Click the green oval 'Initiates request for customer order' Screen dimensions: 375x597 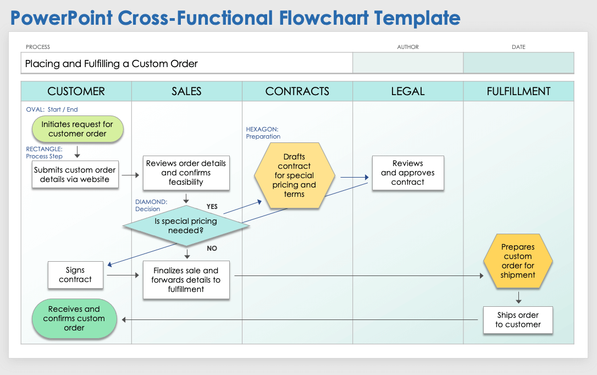(x=77, y=129)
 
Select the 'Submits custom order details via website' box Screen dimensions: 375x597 (x=75, y=175)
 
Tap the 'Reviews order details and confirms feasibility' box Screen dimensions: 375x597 (x=186, y=173)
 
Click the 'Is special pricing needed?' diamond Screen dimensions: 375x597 (x=186, y=226)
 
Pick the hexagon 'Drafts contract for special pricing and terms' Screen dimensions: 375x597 (x=295, y=176)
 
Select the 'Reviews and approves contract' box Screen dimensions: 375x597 (x=408, y=173)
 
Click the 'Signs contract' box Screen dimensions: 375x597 (x=75, y=275)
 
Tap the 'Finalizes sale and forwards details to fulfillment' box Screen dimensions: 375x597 (x=186, y=280)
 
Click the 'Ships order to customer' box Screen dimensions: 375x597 (x=518, y=320)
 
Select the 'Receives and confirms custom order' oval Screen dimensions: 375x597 (x=74, y=318)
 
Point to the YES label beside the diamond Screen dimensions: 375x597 (x=212, y=207)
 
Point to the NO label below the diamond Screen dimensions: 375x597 (x=212, y=249)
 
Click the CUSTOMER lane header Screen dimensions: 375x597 (x=76, y=91)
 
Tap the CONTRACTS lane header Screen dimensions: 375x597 (x=297, y=91)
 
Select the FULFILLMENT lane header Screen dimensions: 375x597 (x=518, y=91)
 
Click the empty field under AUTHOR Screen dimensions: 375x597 (x=408, y=63)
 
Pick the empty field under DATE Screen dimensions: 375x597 (x=518, y=63)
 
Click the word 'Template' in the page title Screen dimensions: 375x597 (x=417, y=18)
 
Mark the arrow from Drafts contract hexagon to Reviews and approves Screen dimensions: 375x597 (x=354, y=177)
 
